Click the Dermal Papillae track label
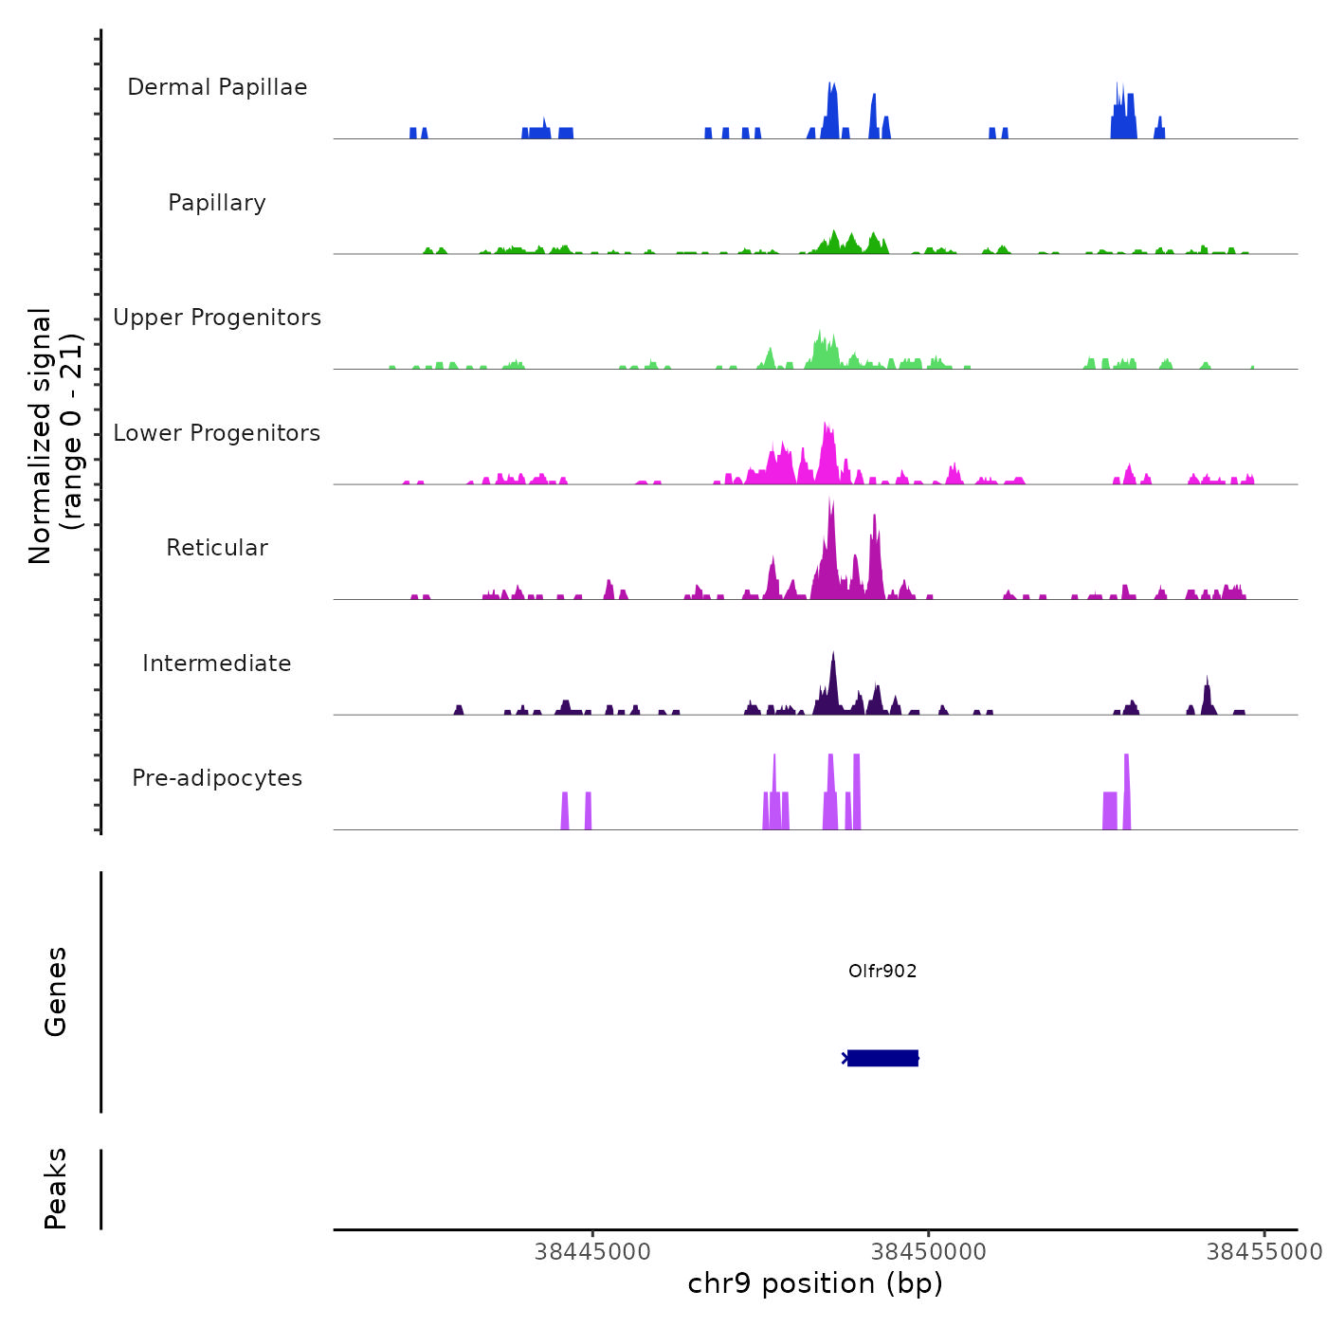click(x=217, y=87)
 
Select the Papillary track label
click(x=217, y=203)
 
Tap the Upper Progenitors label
click(x=217, y=318)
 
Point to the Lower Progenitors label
click(x=217, y=433)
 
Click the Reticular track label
click(x=217, y=548)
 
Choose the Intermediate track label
click(x=217, y=663)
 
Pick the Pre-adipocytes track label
click(x=217, y=778)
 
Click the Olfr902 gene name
click(x=882, y=971)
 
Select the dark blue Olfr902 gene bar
click(x=882, y=1058)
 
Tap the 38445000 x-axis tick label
click(x=592, y=1251)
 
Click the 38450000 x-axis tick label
click(x=929, y=1251)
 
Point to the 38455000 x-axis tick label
click(x=1263, y=1251)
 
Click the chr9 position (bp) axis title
click(x=815, y=1283)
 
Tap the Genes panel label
click(x=55, y=991)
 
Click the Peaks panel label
click(x=55, y=1189)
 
